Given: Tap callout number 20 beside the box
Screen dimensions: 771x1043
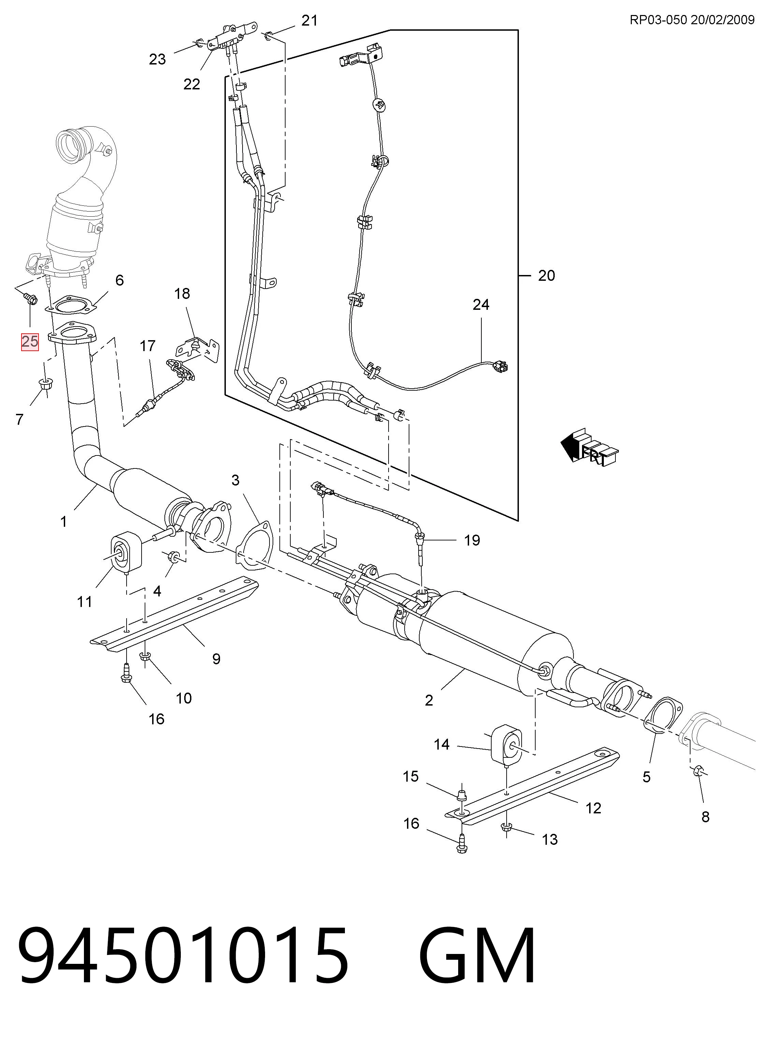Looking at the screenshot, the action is (x=547, y=276).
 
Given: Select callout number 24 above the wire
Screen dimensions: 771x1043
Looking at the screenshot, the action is (x=481, y=305).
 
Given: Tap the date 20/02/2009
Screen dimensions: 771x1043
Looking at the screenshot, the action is (x=723, y=19).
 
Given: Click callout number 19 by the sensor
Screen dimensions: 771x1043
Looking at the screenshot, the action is (x=472, y=540).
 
